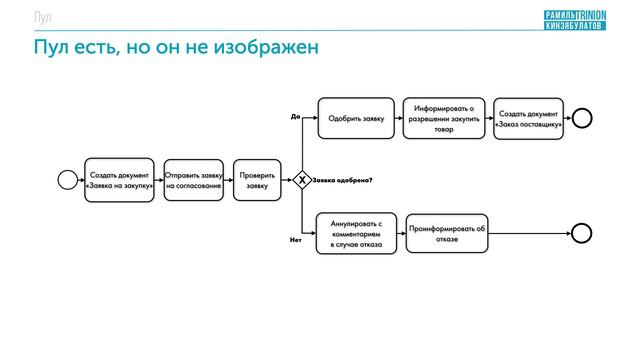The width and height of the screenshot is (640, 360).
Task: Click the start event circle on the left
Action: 67,180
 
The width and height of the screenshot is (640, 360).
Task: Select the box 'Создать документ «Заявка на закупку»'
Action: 119,180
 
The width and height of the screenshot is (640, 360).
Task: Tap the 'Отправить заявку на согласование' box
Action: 193,180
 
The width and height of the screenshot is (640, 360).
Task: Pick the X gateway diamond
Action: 302,180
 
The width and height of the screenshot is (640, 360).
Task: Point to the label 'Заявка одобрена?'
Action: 343,180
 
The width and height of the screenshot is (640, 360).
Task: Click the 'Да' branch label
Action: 295,116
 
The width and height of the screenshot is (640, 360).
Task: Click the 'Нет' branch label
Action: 295,240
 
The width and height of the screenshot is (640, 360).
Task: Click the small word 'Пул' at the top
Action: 42,18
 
